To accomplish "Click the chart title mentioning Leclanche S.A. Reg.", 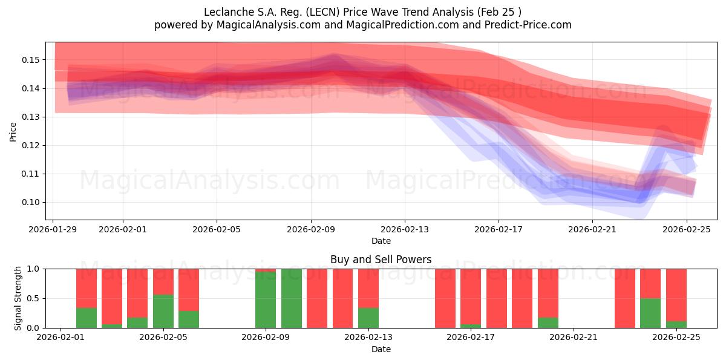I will coord(362,12).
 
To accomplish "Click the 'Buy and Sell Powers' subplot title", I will coord(381,260).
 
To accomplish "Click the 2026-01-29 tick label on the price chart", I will coord(53,229).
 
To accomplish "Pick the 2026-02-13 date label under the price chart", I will coord(405,229).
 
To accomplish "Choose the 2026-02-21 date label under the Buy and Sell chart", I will coord(573,338).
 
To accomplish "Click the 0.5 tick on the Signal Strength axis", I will coord(35,298).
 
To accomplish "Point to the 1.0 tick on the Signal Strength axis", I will coord(35,269).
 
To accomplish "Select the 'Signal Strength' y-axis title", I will coord(18,298).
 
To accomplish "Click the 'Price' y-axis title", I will coord(13,131).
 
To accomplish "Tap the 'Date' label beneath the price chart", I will coord(381,241).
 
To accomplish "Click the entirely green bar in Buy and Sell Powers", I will coord(291,298).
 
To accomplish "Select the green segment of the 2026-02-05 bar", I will coord(163,312).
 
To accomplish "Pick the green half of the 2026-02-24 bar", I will coord(650,313).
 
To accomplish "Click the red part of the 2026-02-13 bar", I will coord(368,288).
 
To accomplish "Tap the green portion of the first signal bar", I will coord(87,318).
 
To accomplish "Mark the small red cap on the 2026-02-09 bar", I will coord(266,270).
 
